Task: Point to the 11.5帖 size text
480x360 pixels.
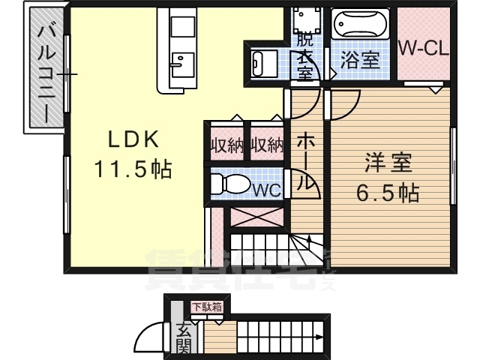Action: [133, 169]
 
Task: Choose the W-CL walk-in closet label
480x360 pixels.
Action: [422, 49]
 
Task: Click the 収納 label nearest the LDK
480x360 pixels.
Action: [226, 143]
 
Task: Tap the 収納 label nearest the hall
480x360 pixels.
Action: [266, 143]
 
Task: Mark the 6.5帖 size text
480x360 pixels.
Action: [387, 192]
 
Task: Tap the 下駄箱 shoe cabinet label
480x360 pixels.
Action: [205, 306]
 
